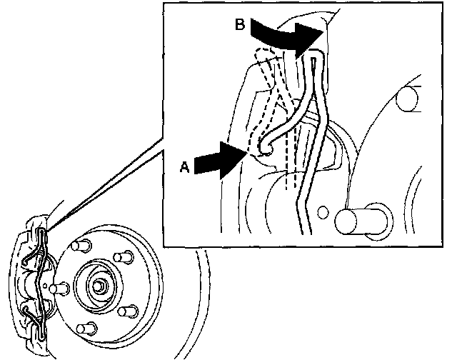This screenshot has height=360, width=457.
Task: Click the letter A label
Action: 184,166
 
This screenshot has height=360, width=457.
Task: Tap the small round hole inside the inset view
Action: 324,212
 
